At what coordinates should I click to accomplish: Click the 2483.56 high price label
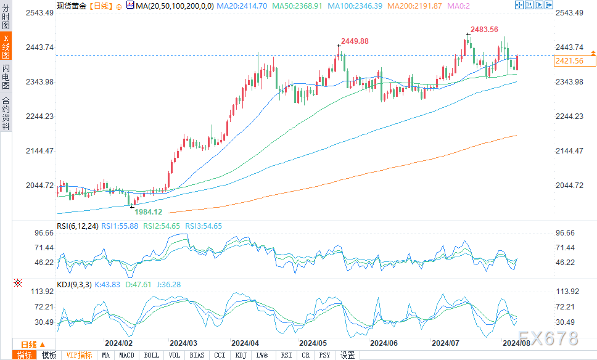(x=484, y=30)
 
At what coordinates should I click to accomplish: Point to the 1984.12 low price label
(x=148, y=211)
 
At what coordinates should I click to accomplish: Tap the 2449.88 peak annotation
(x=355, y=41)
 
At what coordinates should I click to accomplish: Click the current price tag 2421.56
(x=569, y=61)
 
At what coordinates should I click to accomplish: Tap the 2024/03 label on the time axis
(x=183, y=343)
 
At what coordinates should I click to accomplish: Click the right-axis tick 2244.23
(x=569, y=117)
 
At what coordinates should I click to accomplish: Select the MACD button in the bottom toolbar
(x=126, y=355)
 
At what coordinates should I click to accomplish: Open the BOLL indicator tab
(x=151, y=355)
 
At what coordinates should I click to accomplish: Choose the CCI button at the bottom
(x=220, y=355)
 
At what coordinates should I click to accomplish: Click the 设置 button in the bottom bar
(x=347, y=355)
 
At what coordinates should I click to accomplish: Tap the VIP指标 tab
(x=79, y=355)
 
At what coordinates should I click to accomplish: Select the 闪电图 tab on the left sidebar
(x=6, y=76)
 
